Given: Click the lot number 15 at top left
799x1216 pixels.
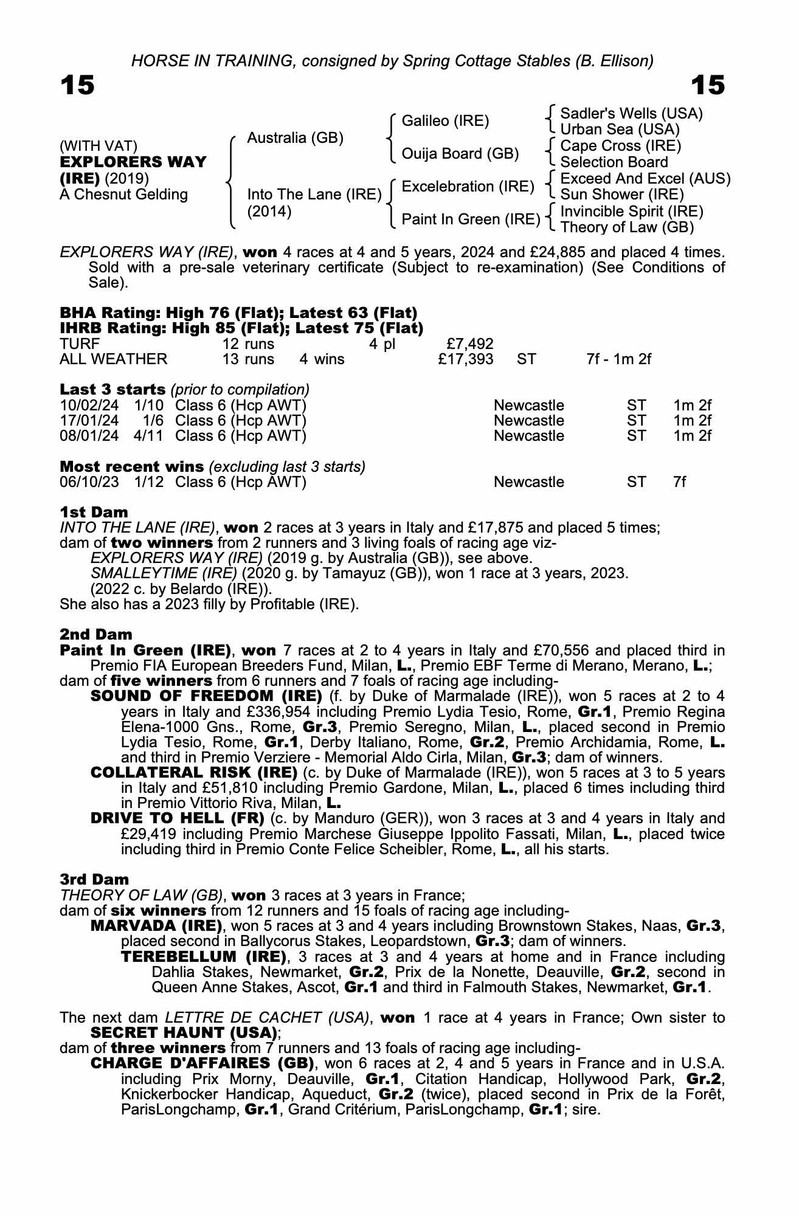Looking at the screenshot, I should [77, 85].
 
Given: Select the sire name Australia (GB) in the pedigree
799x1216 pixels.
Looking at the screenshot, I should [295, 138].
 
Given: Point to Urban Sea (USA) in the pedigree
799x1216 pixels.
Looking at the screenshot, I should [620, 130].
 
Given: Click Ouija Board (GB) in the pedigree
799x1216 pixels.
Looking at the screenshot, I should [460, 154].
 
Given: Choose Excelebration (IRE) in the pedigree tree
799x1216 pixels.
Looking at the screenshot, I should [468, 187].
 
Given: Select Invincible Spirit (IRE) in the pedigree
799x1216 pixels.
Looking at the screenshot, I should [631, 211].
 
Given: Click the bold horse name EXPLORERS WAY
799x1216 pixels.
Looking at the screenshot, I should [133, 162].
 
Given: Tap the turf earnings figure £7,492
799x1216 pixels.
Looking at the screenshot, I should [469, 344].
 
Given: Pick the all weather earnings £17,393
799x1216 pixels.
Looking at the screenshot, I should [465, 359].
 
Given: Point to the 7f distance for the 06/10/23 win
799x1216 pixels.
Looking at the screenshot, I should [679, 482].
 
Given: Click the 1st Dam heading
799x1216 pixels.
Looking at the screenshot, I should [94, 512].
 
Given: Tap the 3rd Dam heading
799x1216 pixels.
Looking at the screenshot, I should [94, 879].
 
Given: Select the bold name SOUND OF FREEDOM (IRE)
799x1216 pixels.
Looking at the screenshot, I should [206, 696].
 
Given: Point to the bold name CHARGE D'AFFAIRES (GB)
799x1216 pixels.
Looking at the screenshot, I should [202, 1063].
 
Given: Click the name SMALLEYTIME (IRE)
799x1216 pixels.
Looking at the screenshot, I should [164, 573].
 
